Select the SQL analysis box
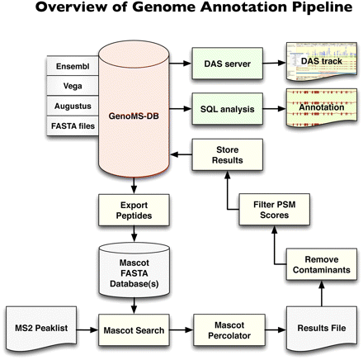(223, 107)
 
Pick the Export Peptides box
(127, 207)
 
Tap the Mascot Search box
(127, 329)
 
